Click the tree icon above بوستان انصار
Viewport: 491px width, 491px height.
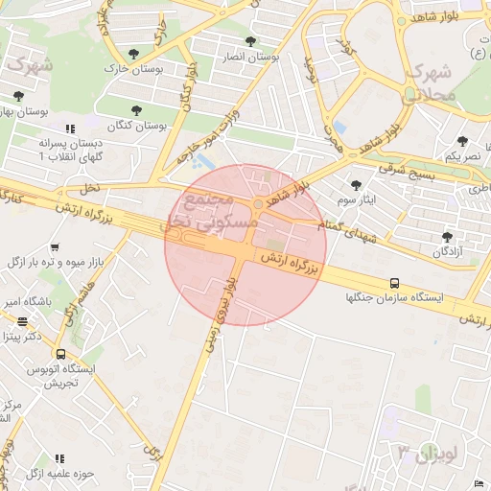[x=250, y=41]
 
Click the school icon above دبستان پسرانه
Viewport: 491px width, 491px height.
[x=69, y=128]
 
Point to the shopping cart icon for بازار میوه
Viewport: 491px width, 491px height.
[x=53, y=246]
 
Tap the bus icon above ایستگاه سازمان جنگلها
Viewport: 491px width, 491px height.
[x=394, y=283]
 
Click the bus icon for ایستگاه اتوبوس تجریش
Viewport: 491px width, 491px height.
[x=60, y=354]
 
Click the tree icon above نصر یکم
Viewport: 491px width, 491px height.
[x=462, y=141]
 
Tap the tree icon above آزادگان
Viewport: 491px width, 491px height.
[x=446, y=236]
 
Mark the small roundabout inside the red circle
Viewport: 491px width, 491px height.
[x=259, y=204]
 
